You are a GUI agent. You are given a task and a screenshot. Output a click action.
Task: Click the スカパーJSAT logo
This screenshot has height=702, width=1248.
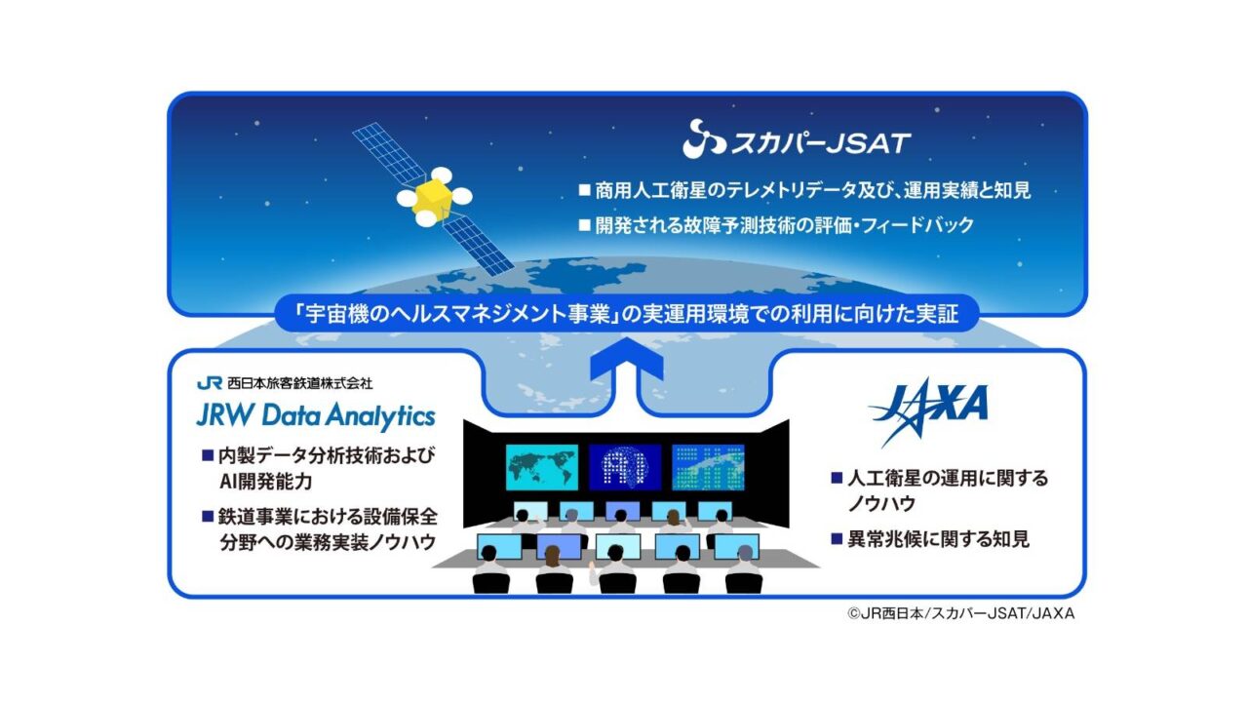(x=797, y=139)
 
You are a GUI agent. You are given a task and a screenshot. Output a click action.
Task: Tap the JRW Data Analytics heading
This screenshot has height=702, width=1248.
(x=316, y=416)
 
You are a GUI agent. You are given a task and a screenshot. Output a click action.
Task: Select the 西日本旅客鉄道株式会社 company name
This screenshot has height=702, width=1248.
(x=299, y=383)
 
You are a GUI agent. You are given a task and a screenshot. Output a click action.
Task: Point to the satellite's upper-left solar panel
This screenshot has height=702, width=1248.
(x=388, y=153)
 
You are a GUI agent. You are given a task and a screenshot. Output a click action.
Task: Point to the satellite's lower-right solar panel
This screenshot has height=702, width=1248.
(x=478, y=245)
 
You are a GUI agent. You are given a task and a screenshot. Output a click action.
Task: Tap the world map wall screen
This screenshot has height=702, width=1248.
(x=541, y=467)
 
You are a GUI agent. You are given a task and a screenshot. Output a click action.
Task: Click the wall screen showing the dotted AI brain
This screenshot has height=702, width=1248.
(x=625, y=467)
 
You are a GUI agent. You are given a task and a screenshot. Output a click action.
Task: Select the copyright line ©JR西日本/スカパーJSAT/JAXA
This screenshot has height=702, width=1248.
(x=960, y=613)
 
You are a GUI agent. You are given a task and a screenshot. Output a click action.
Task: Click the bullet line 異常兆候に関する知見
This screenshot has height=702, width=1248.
(x=938, y=539)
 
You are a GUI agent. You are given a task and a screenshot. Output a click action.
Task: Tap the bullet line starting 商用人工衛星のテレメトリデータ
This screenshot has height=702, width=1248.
(x=813, y=190)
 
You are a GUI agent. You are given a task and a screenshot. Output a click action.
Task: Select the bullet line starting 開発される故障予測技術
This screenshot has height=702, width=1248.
(x=785, y=225)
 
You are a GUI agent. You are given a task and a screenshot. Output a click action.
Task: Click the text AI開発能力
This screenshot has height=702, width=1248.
(x=266, y=482)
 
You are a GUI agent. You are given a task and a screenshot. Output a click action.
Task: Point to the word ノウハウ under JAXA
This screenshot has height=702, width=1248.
(x=881, y=504)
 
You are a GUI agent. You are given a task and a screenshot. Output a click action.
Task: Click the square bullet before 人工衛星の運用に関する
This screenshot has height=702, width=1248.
(x=837, y=478)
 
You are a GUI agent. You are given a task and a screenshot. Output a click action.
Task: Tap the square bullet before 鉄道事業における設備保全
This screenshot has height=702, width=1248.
(x=208, y=517)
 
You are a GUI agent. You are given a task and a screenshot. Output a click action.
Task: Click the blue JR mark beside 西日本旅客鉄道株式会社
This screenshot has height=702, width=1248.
(x=210, y=383)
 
